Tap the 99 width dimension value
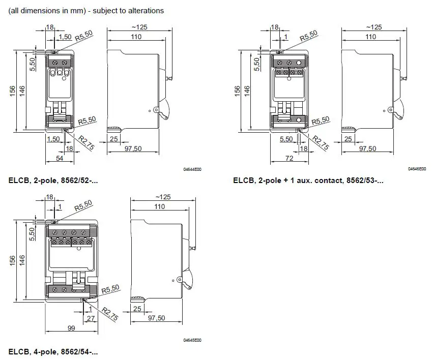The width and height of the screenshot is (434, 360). point(71,328)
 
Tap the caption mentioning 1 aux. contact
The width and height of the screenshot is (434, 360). point(308,180)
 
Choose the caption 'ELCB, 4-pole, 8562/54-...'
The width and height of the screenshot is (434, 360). point(53,351)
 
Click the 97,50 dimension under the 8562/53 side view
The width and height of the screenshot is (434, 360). point(368,148)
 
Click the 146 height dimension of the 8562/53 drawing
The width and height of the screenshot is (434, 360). point(247,91)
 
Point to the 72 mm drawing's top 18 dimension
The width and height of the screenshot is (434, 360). point(275,27)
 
